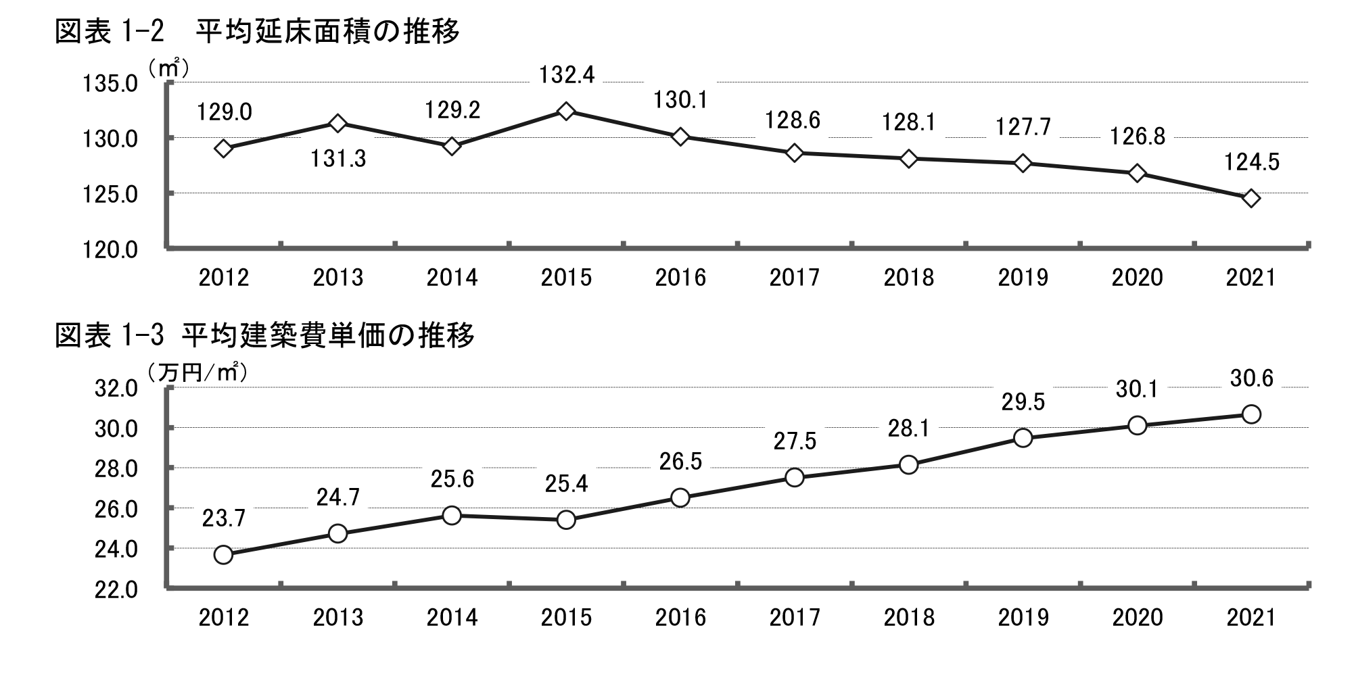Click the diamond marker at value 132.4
pos(567,111)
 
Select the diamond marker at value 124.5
pos(1251,198)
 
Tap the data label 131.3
pos(338,159)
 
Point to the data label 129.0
pos(225,112)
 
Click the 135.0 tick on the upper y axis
pos(110,84)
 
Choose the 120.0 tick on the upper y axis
pos(110,250)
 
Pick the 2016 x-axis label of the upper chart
pos(680,278)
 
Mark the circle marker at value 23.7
pos(223,555)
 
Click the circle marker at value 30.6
pos(1251,414)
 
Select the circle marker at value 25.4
pos(567,520)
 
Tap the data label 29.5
pos(1023,402)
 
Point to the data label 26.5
pos(680,462)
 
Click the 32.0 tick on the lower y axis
pos(116,389)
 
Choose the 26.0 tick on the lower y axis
pos(116,509)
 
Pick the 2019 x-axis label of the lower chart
pos(1023,618)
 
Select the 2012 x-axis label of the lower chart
pos(224,618)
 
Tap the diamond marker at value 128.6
pos(795,153)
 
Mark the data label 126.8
pos(1138,137)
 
